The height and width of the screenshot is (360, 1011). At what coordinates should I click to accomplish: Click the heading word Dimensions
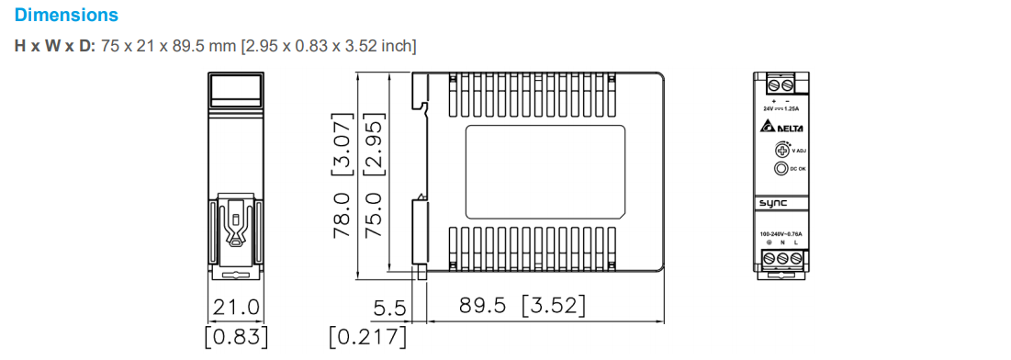tap(66, 16)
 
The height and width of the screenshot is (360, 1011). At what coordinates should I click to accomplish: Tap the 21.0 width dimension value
tap(236, 306)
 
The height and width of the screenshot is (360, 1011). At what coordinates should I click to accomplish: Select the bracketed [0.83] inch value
tap(236, 336)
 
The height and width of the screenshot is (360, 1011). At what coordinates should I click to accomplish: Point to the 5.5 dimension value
tap(389, 306)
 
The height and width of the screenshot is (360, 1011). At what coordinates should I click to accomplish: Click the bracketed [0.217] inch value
tap(367, 336)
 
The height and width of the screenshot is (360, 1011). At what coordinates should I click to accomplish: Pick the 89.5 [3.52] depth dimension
tap(522, 305)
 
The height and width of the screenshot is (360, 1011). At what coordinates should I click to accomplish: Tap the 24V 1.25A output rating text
tap(781, 107)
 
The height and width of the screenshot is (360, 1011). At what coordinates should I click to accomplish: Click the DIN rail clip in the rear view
tap(235, 234)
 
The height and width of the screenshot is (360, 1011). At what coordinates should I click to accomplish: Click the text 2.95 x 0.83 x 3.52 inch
tap(328, 45)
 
